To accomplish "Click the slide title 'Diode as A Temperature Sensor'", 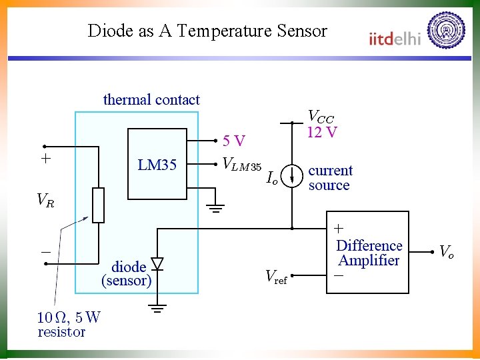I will [x=207, y=31].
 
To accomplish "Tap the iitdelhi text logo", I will [x=395, y=38].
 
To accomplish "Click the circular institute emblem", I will [x=446, y=31].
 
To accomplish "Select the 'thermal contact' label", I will [x=151, y=100].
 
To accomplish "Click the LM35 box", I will [x=157, y=164].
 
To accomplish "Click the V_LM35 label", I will [x=242, y=163].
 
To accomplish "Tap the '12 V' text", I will [x=322, y=132].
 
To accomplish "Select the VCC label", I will [x=321, y=117].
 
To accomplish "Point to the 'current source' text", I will [x=330, y=178].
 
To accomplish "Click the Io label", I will [x=271, y=178].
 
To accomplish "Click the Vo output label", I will [x=447, y=251].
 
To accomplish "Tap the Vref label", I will [x=276, y=276].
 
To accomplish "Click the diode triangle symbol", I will [x=157, y=265].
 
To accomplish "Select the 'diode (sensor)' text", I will [x=127, y=274].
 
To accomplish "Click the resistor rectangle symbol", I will [x=99, y=205].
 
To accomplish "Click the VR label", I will [x=45, y=200].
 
